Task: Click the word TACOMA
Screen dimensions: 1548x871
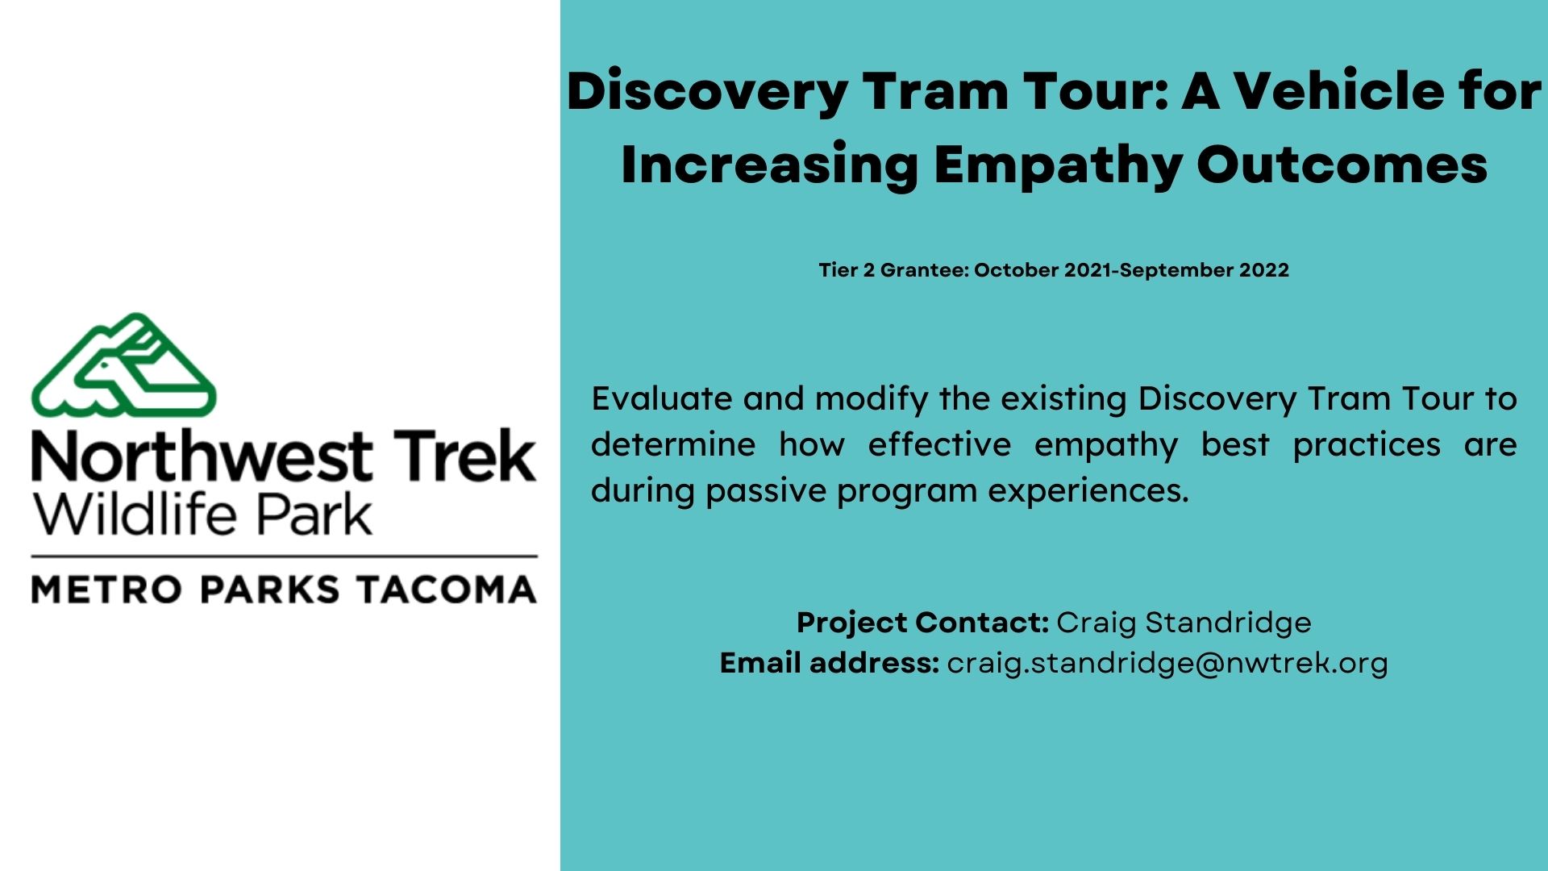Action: pos(447,590)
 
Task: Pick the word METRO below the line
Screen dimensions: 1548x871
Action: pos(106,590)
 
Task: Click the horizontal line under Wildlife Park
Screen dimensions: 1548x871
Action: pos(284,556)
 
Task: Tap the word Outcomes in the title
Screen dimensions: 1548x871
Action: pos(1342,165)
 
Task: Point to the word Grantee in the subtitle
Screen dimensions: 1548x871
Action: pos(924,270)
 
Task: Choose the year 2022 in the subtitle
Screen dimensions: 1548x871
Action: pos(1264,270)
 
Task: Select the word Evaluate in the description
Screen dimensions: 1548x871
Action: pos(661,398)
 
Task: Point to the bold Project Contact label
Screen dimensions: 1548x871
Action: pos(922,623)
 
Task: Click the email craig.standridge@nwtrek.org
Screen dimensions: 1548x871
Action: pos(1167,663)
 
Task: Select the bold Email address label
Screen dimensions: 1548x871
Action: pos(830,663)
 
